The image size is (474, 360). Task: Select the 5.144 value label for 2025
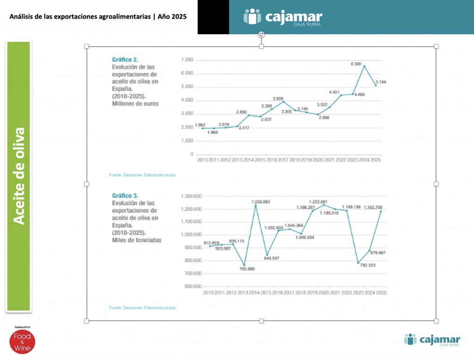[381, 82]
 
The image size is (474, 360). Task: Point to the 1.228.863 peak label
[261, 202]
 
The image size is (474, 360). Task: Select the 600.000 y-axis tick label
[192, 286]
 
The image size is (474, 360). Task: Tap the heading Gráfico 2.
[125, 59]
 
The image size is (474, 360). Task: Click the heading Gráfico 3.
[125, 196]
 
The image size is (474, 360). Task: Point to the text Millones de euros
[135, 104]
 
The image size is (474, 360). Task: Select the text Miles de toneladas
[137, 240]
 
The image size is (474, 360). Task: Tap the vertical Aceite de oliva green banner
[19, 176]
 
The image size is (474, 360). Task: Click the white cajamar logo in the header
[283, 17]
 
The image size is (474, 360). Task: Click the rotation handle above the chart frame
[262, 34]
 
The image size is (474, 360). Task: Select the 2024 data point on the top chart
[364, 66]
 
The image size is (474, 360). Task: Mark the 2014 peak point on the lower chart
[255, 205]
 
